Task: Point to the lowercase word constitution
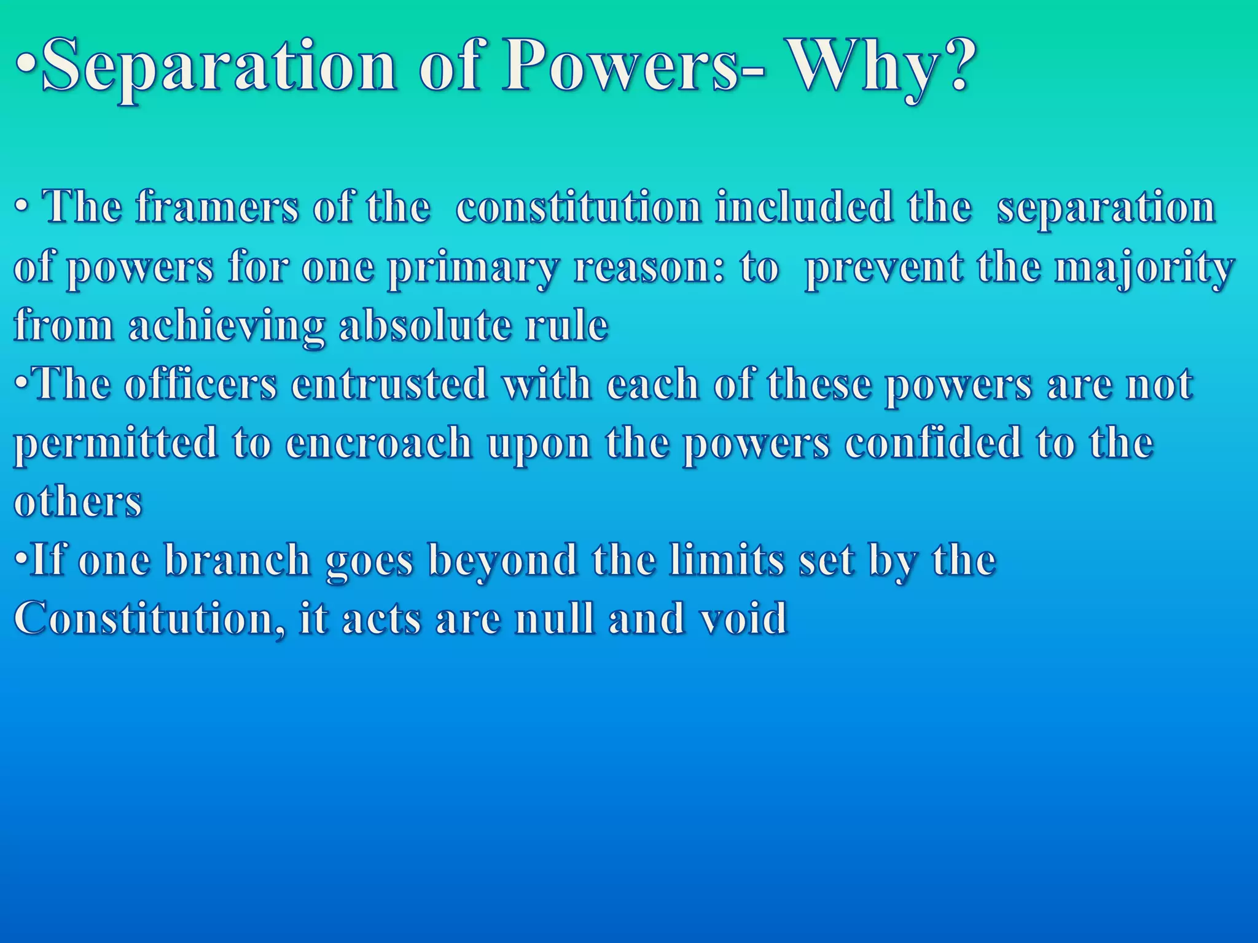[577, 208]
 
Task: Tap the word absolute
[424, 325]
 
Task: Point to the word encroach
[378, 443]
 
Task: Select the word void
[743, 618]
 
